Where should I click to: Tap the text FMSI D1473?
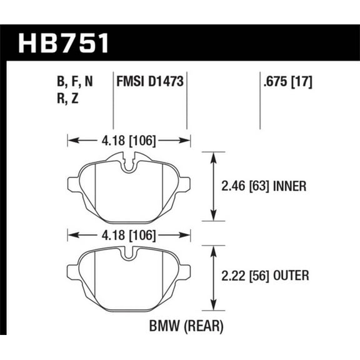[x=150, y=81]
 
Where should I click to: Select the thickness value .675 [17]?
[x=284, y=81]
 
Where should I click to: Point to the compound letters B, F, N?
[x=76, y=81]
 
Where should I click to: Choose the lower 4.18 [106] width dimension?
[x=127, y=235]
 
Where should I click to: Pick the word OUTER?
[x=289, y=276]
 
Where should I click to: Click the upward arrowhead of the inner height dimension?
[x=214, y=154]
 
